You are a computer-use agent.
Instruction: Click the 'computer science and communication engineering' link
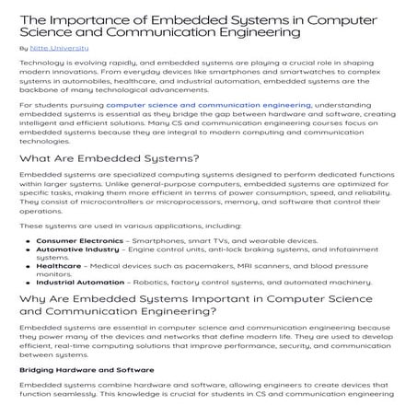208,106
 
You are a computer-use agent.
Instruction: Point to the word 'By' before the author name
23,45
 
